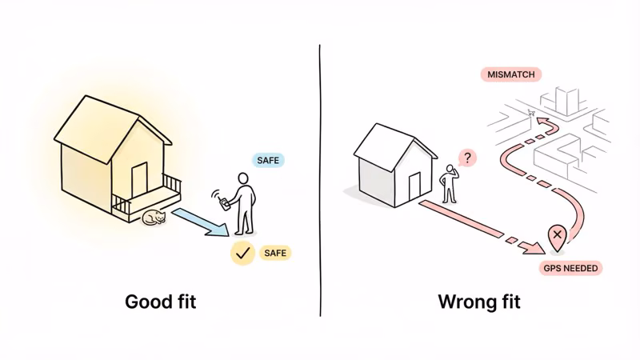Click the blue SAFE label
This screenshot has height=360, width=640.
[268, 161]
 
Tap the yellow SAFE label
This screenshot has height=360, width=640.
[275, 253]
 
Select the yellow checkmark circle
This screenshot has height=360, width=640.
[242, 253]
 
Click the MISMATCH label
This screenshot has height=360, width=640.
[510, 74]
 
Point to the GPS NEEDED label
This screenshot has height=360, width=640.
[570, 268]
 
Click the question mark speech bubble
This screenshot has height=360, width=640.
[467, 158]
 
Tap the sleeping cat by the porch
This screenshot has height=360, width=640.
[154, 218]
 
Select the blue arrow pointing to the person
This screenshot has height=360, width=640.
[201, 222]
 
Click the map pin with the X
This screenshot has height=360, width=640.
[557, 238]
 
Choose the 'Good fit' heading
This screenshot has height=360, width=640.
[161, 302]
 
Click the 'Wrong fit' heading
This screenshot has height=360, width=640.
[479, 302]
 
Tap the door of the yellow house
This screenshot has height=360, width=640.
[139, 180]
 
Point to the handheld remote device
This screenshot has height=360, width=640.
[224, 204]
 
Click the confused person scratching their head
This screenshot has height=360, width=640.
[450, 184]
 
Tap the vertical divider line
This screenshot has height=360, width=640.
[320, 181]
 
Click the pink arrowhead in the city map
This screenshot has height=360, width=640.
[543, 122]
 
